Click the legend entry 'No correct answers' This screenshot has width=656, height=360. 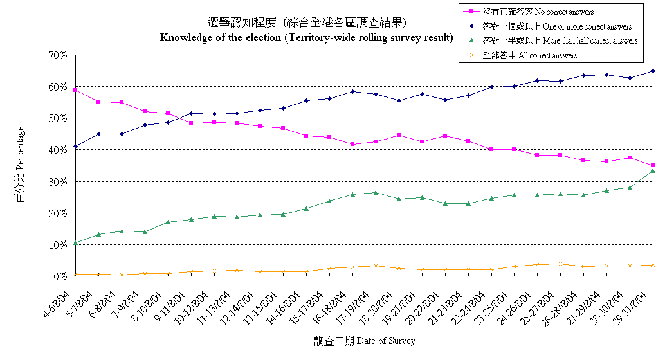pyautogui.click(x=537, y=12)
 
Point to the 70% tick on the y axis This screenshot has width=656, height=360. pyautogui.click(x=58, y=55)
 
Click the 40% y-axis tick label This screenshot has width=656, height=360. pyautogui.click(x=58, y=150)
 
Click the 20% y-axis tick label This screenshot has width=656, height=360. pyautogui.click(x=58, y=213)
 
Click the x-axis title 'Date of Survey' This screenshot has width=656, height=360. pyautogui.click(x=365, y=341)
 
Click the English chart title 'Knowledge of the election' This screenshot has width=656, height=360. pyautogui.click(x=306, y=37)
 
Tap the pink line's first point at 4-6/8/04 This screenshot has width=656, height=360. pyautogui.click(x=75, y=90)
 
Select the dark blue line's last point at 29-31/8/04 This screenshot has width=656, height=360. pyautogui.click(x=653, y=71)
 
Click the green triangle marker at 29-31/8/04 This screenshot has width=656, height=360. pyautogui.click(x=653, y=170)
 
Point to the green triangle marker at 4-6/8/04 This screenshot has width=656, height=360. pyautogui.click(x=75, y=243)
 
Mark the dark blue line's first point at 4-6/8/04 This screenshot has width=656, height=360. pyautogui.click(x=75, y=147)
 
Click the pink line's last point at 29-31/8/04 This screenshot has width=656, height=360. pyautogui.click(x=653, y=165)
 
